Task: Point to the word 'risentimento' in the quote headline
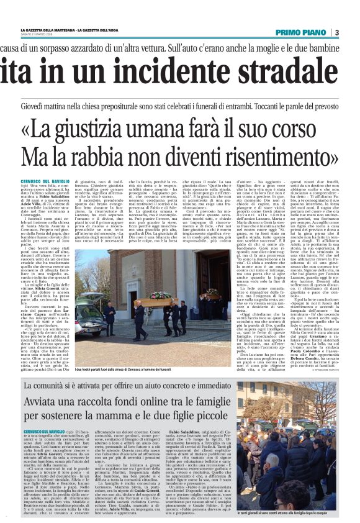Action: [x=274, y=157]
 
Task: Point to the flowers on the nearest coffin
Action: [x=160, y=296]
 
